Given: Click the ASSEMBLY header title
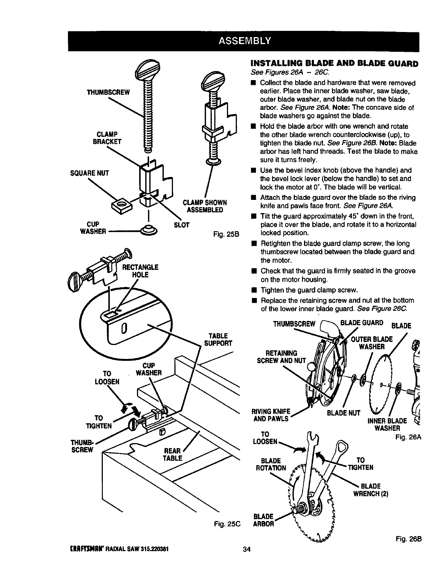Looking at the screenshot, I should coord(245,40).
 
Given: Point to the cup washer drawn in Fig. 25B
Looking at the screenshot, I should coord(149,231).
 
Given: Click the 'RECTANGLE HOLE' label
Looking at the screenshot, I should coord(140,270).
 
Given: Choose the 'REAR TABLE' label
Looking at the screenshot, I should coord(174,455).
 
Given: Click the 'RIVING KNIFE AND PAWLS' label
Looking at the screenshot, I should coord(272,415).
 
